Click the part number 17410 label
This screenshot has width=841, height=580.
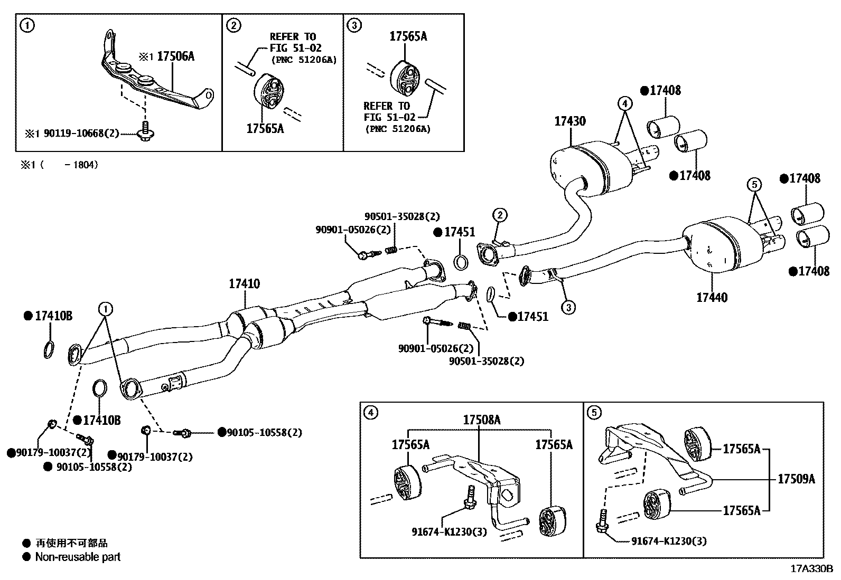click(244, 284)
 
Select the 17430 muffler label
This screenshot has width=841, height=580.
click(569, 121)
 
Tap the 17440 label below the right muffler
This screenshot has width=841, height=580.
click(712, 298)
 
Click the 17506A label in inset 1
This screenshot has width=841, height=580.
click(175, 56)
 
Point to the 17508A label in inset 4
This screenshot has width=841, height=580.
click(482, 420)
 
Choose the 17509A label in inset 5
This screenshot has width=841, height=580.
click(796, 479)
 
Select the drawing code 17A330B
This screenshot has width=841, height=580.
click(811, 569)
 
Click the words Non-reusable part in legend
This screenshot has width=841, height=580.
click(78, 557)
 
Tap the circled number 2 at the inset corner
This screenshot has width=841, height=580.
click(233, 25)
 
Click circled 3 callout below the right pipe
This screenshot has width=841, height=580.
click(568, 307)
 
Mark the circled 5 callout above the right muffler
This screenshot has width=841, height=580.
click(754, 184)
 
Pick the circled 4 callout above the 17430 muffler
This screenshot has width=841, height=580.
click(624, 103)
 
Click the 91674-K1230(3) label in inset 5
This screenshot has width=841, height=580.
click(669, 541)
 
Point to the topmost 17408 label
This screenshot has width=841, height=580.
click(665, 91)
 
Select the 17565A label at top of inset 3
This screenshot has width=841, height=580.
click(408, 36)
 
